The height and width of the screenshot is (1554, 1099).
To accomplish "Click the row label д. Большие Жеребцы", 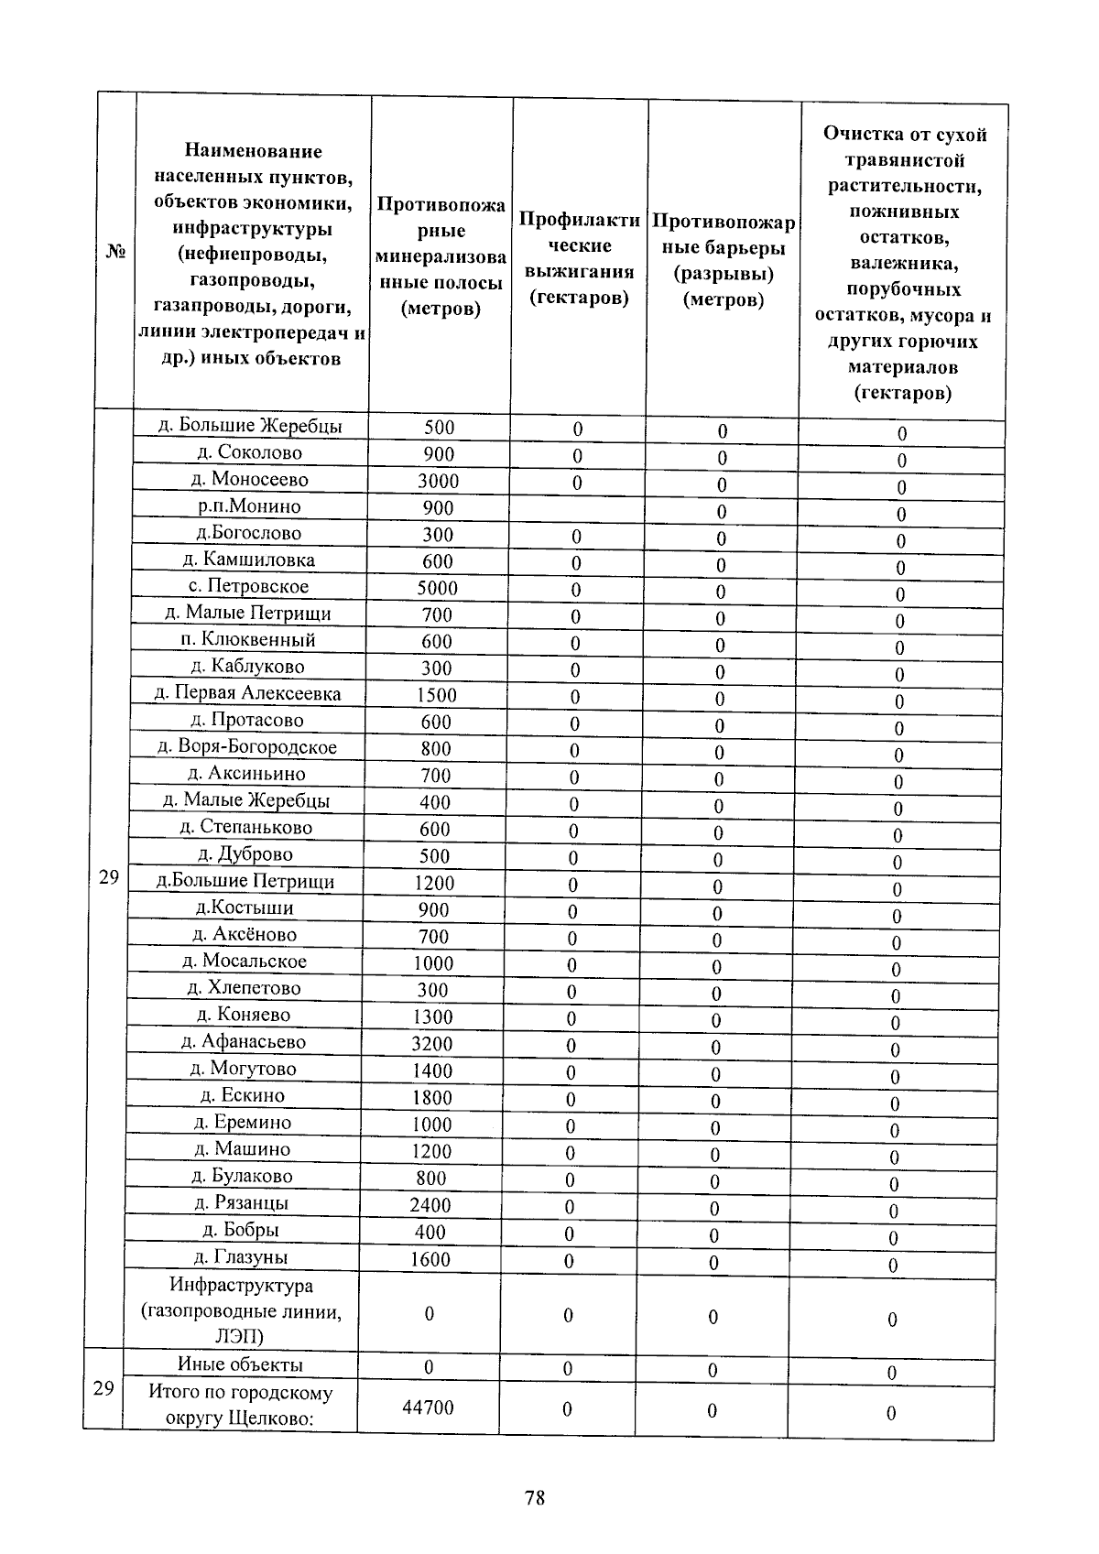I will click(250, 426).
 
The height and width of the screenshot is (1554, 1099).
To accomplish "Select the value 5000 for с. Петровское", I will click(437, 588).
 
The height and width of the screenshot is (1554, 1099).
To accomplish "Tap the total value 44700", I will click(428, 1407).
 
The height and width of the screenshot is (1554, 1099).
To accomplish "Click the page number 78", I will click(535, 1498).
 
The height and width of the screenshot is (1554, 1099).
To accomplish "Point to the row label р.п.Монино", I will click(249, 506).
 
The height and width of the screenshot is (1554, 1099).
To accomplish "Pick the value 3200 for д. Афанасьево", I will click(431, 1043).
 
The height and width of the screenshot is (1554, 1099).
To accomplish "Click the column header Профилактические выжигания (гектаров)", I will click(579, 258).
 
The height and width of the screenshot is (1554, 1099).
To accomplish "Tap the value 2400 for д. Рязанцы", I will click(430, 1205).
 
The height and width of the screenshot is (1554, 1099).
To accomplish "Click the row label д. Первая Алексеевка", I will click(247, 693).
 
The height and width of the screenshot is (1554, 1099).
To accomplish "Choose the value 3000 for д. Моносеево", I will click(438, 481).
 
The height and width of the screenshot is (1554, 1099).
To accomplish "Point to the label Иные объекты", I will click(240, 1364).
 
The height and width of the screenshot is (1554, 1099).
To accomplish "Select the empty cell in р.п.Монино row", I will click(577, 509).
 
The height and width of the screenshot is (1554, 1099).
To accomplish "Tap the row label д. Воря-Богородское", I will click(247, 747).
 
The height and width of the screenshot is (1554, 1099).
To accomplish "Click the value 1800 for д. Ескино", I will click(431, 1097).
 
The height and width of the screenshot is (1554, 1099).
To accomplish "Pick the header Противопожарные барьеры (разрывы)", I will click(724, 261).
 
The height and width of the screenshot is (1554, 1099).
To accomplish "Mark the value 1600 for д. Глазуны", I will click(430, 1259).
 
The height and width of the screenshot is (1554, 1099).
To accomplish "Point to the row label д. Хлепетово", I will click(244, 988).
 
